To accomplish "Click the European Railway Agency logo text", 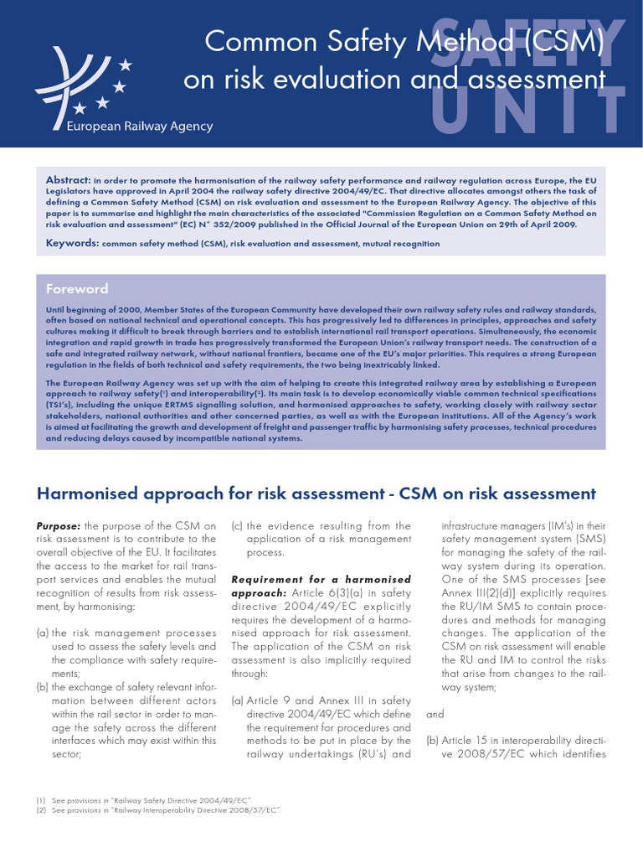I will point(140,127).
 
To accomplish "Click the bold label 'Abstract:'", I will point(68,180).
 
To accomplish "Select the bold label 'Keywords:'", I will point(72,243).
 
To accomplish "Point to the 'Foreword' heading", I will point(77,289).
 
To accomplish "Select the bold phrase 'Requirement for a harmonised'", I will point(321,579).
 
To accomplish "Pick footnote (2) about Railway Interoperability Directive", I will point(157,810).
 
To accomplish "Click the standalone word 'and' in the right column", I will point(435,715).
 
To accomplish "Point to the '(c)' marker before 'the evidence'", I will point(237,525).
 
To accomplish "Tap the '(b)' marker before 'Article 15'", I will point(433,741).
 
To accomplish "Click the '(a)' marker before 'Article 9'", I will point(237,700).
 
